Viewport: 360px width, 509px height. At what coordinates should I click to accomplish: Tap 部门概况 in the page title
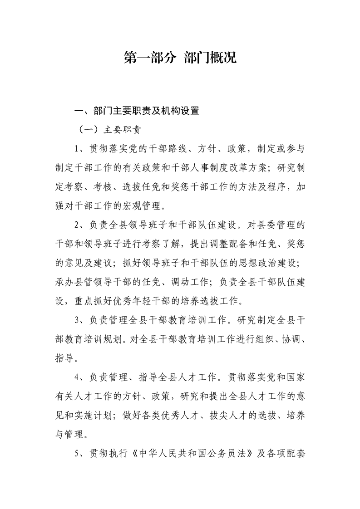coord(211,58)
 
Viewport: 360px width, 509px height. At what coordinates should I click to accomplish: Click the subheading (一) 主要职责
coord(109,129)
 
